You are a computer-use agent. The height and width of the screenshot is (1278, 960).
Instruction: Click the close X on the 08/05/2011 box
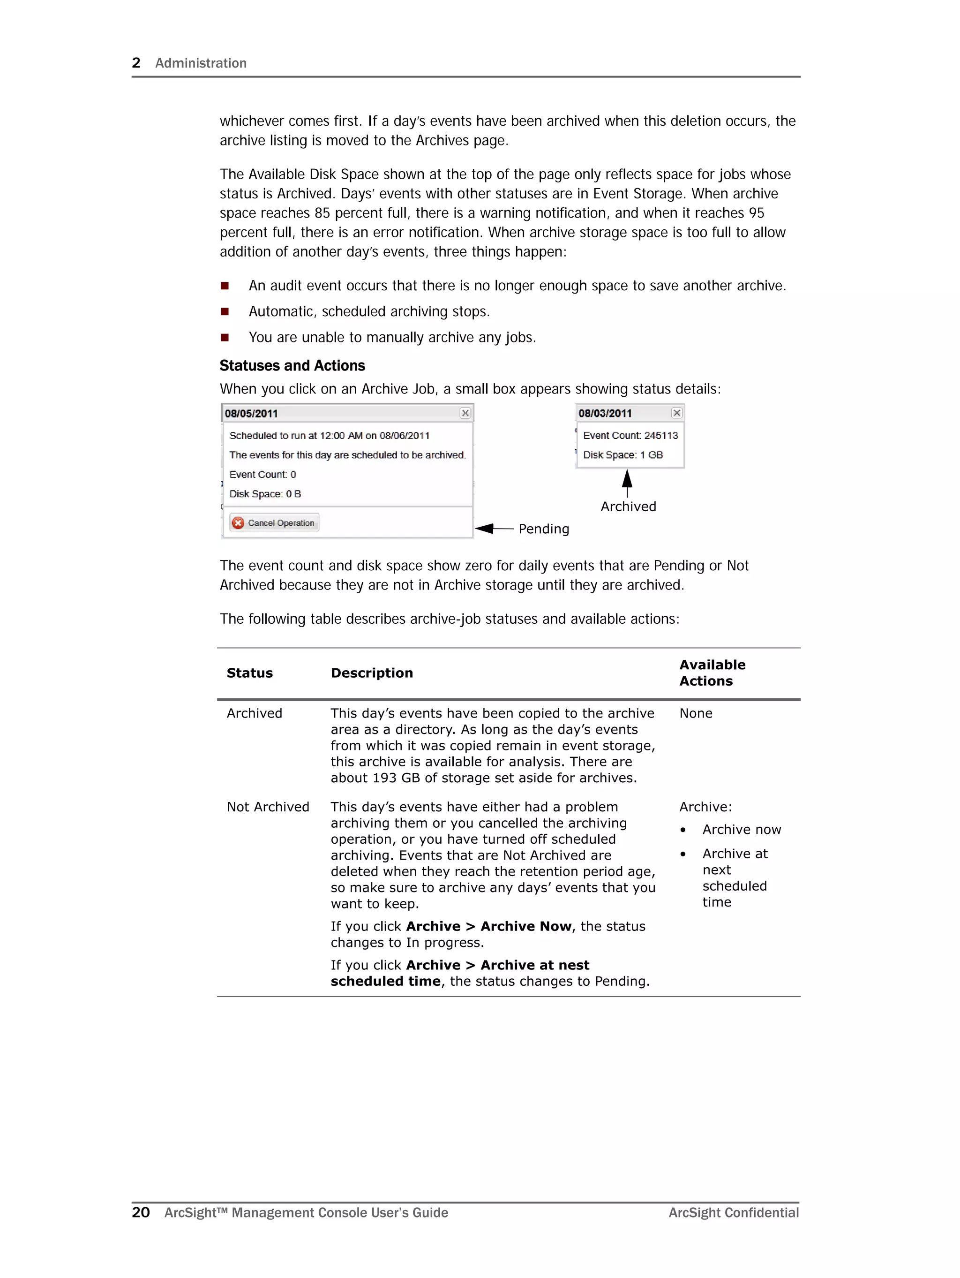pyautogui.click(x=465, y=413)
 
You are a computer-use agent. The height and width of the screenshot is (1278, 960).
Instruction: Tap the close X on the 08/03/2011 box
pyautogui.click(x=676, y=413)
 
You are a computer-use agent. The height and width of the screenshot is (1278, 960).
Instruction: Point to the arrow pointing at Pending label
pyautogui.click(x=494, y=528)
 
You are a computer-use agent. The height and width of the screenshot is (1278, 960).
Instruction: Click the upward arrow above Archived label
pyautogui.click(x=627, y=483)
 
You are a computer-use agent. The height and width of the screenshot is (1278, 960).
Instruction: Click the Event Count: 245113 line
pyautogui.click(x=630, y=436)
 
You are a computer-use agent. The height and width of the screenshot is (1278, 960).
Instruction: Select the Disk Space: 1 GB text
pyautogui.click(x=622, y=455)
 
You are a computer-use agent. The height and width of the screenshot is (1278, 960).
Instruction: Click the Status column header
pyautogui.click(x=249, y=673)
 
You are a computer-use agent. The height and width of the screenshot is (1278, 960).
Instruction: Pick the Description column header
pyautogui.click(x=371, y=673)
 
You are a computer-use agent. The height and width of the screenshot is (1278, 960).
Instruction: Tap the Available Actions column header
pyautogui.click(x=712, y=673)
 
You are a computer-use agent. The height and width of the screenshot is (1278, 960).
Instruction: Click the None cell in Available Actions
pyautogui.click(x=696, y=713)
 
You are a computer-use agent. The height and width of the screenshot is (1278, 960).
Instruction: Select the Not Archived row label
pyautogui.click(x=268, y=807)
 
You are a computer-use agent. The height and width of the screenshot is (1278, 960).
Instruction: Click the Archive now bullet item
pyautogui.click(x=741, y=830)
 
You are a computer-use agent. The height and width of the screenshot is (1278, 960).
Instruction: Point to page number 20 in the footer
pyautogui.click(x=140, y=1212)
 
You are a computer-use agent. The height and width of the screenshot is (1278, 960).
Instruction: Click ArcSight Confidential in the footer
pyautogui.click(x=733, y=1213)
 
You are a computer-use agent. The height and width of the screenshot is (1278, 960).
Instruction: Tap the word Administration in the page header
pyautogui.click(x=201, y=63)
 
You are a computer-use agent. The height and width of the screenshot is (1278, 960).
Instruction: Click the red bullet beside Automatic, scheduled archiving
pyautogui.click(x=225, y=312)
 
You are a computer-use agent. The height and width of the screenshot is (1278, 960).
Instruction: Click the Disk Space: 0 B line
pyautogui.click(x=265, y=494)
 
